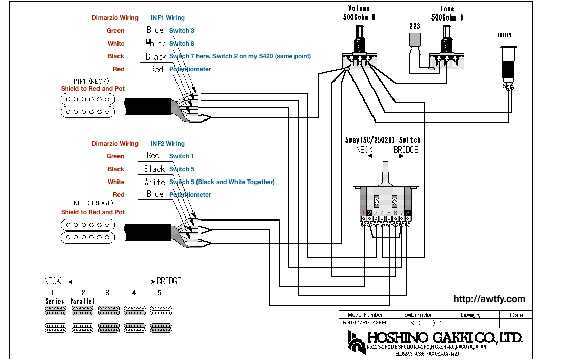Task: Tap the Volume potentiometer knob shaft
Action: pyautogui.click(x=359, y=36)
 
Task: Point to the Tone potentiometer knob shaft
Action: pyautogui.click(x=447, y=36)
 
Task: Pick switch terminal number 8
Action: pyautogui.click(x=408, y=213)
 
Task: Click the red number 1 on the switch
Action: pyautogui.click(x=363, y=213)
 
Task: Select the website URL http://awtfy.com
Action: pyautogui.click(x=489, y=299)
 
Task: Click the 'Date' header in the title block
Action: pyautogui.click(x=516, y=315)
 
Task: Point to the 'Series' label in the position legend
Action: pyautogui.click(x=54, y=301)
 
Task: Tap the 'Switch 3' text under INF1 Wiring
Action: pyautogui.click(x=182, y=31)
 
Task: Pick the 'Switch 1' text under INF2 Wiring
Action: pyautogui.click(x=182, y=156)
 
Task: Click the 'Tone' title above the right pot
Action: pyautogui.click(x=447, y=9)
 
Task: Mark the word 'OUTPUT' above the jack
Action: pyautogui.click(x=507, y=35)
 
